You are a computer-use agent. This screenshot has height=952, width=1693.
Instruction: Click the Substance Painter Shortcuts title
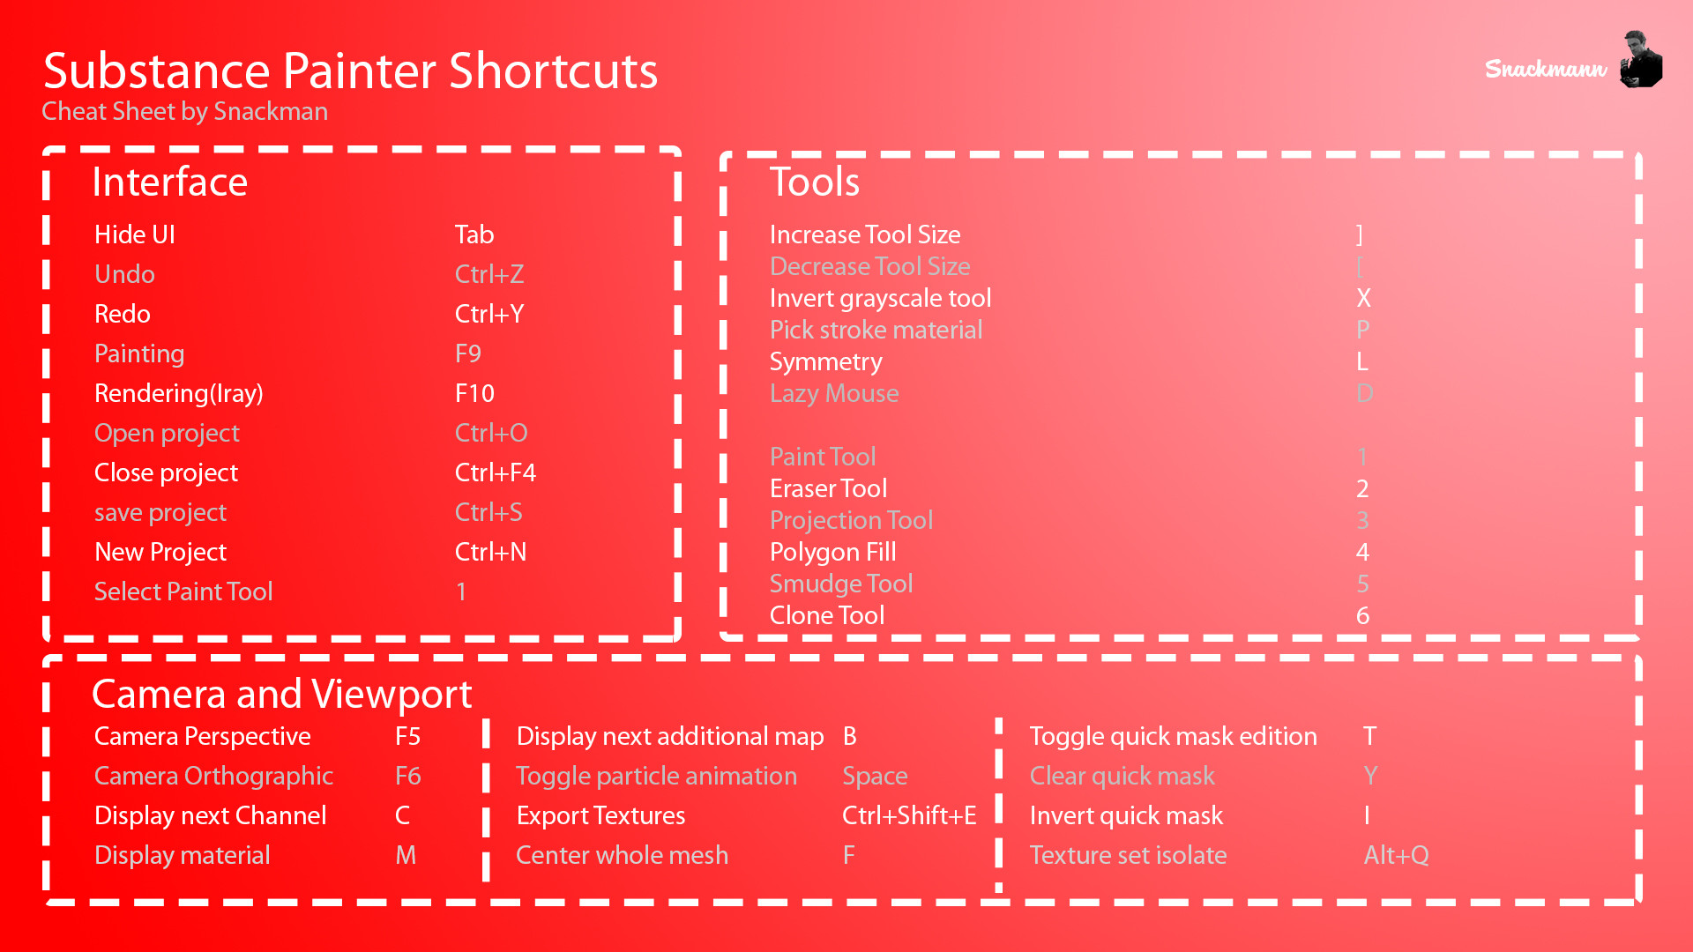point(350,71)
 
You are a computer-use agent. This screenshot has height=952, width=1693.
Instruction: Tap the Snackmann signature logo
point(1546,69)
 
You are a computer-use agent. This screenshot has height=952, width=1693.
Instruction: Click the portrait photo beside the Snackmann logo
point(1641,59)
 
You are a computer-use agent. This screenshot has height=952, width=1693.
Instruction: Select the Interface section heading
point(169,182)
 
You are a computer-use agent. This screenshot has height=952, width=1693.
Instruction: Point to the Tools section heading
point(814,182)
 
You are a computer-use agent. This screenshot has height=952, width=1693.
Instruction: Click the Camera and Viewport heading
point(282,695)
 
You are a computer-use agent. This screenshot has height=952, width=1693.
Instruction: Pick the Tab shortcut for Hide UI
point(474,234)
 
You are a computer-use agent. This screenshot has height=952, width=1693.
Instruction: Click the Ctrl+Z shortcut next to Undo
point(489,274)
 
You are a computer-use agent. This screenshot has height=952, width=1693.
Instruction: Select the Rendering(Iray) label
point(179,394)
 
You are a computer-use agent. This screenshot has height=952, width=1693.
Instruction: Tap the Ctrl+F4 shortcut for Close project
point(496,472)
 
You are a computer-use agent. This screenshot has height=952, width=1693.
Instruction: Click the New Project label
point(160,553)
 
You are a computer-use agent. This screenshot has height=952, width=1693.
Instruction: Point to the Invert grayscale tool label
point(881,299)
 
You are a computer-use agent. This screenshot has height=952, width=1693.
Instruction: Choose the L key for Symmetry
point(1362,361)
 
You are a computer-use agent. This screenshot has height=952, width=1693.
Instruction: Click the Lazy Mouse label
point(834,394)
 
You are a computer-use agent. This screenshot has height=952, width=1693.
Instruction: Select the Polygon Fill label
point(833,553)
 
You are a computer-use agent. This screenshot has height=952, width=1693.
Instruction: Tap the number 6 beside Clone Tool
point(1362,615)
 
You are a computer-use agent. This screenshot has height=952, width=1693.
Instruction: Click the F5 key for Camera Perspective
point(408,736)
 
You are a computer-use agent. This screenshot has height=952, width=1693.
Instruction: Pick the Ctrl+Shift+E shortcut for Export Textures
point(909,815)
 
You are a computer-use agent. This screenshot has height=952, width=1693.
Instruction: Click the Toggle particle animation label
point(656,777)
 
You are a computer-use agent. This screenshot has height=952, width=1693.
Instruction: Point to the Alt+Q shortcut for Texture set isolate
point(1397,855)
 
